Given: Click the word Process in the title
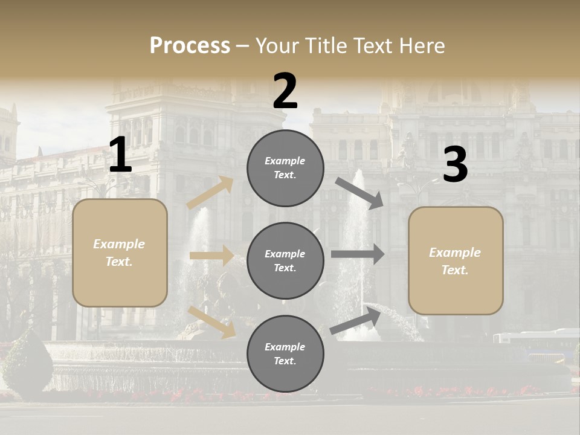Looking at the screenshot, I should point(190,46).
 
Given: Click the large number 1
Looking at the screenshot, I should point(120,155).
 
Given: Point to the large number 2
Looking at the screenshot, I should point(285,91).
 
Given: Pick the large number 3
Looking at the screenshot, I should point(455,165).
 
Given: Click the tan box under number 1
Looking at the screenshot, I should point(120,253).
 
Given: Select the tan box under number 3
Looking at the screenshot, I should point(456,260).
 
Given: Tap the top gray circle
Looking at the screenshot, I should point(285,168).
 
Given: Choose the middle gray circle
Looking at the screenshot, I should point(285,260).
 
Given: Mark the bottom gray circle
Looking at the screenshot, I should point(285,353).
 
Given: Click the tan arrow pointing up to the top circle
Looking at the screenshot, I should point(210,192).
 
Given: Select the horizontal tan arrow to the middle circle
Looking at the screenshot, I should point(211,256).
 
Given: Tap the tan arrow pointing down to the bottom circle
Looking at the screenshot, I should point(211,321).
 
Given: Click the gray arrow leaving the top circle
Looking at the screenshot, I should point(359,193).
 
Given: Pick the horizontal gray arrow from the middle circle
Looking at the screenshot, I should point(358,254).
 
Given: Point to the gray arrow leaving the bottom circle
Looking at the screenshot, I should point(355,320).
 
